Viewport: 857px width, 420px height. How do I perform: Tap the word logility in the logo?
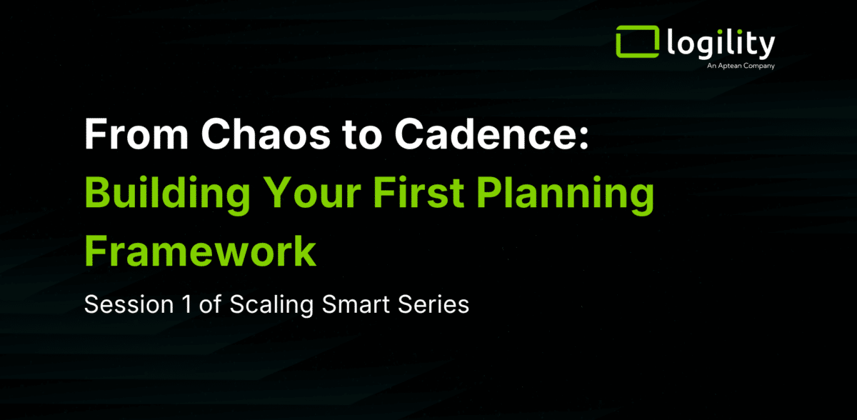721,44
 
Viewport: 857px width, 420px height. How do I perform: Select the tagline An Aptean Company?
741,66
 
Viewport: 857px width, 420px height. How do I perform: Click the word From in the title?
136,134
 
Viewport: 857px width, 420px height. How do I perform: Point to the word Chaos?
266,134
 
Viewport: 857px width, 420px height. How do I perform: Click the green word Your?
313,192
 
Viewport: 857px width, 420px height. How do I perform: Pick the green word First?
419,192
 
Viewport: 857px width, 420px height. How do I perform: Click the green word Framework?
201,251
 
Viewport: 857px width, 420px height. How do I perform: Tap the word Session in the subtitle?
129,304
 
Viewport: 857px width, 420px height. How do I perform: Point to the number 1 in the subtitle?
187,304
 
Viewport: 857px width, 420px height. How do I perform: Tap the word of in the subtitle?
210,304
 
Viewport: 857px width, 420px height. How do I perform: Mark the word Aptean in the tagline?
729,66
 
